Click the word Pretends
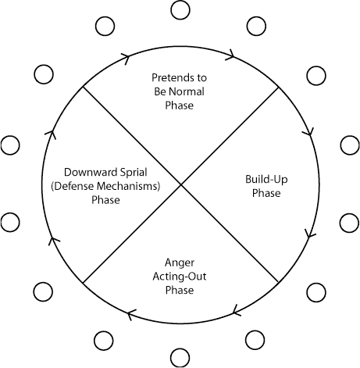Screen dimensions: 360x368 [173, 77]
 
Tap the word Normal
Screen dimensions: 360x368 [187, 91]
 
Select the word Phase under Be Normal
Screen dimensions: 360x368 [180, 105]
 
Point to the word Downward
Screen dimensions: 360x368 [87, 173]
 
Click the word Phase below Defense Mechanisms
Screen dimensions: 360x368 [105, 200]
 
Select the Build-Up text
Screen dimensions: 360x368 [266, 180]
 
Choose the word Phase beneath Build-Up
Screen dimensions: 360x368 [266, 193]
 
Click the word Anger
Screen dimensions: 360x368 [180, 263]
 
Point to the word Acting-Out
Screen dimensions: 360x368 [180, 277]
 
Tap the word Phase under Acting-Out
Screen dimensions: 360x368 [180, 291]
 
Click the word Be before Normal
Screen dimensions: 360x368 [160, 91]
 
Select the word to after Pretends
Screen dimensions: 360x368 [201, 78]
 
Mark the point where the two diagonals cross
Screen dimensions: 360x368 [180, 184]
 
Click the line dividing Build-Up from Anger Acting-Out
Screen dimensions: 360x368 [230, 233]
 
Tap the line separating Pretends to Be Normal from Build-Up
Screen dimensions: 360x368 [230, 136]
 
